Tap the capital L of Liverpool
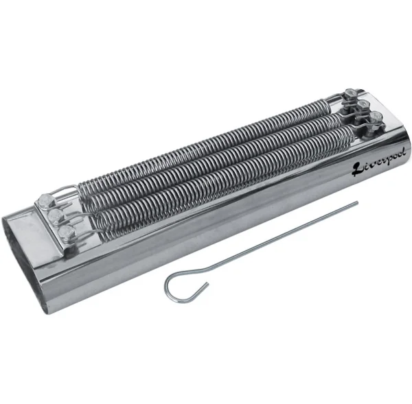pos(357,169)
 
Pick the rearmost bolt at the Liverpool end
pos(350,94)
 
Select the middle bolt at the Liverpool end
pos(363,106)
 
